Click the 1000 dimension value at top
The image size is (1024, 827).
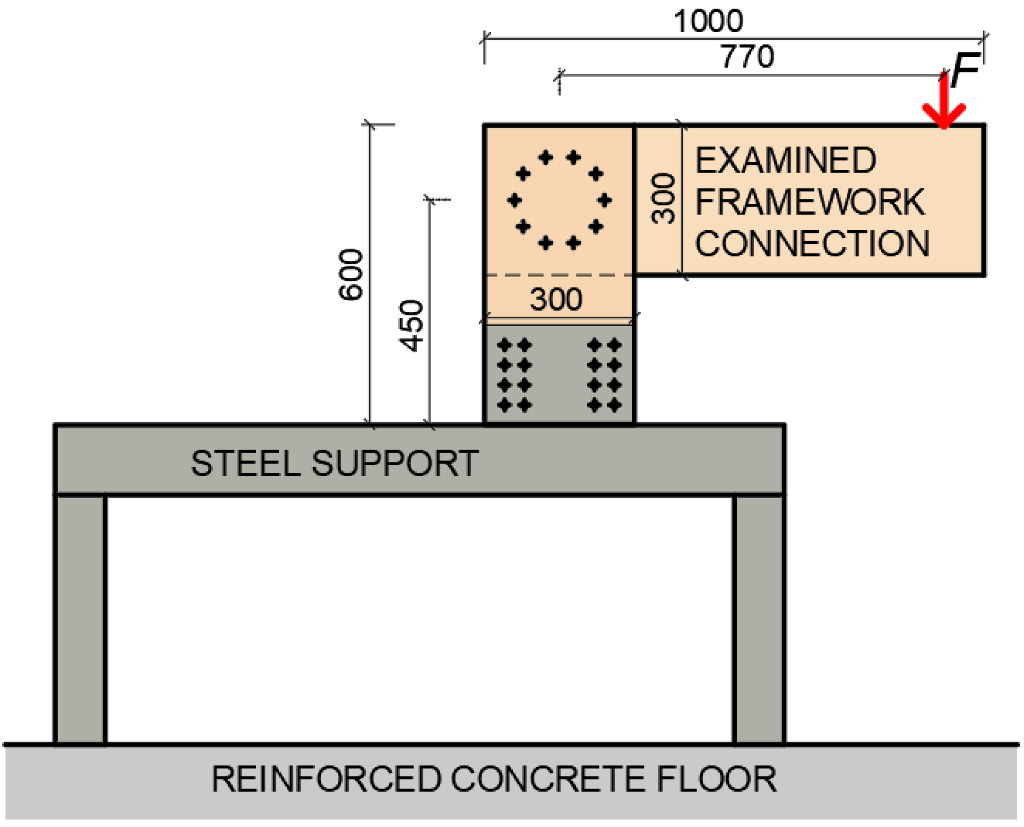pyautogui.click(x=708, y=22)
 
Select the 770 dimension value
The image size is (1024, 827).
pyautogui.click(x=747, y=57)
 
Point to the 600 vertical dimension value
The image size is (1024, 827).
pyautogui.click(x=351, y=274)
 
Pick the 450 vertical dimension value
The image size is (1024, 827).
pyautogui.click(x=411, y=326)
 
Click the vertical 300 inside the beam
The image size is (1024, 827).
pyautogui.click(x=663, y=199)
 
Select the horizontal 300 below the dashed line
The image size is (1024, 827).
pyautogui.click(x=556, y=299)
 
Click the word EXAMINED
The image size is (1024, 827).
pyautogui.click(x=785, y=161)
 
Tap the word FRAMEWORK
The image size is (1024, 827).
pyautogui.click(x=810, y=202)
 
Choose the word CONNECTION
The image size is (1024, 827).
pyautogui.click(x=812, y=244)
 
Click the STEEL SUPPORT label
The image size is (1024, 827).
pyautogui.click(x=334, y=463)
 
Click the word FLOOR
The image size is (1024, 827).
pyautogui.click(x=716, y=779)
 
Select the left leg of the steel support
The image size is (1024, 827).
pyautogui.click(x=80, y=619)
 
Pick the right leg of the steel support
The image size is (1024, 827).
pyautogui.click(x=759, y=619)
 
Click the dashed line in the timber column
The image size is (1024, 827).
pyautogui.click(x=559, y=275)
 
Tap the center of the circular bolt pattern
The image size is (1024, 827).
pyautogui.click(x=559, y=200)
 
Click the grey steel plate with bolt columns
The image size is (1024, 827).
pyautogui.click(x=559, y=374)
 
